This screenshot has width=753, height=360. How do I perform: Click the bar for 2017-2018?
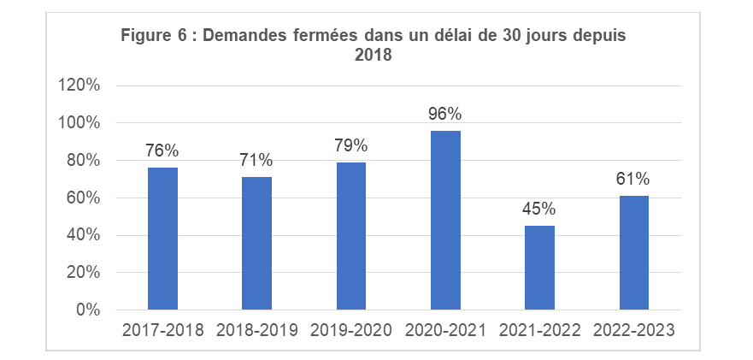(x=162, y=239)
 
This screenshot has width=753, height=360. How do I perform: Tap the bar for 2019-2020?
(x=350, y=236)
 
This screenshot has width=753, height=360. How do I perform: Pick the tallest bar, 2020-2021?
(x=445, y=220)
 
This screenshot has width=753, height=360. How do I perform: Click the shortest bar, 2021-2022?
(x=539, y=268)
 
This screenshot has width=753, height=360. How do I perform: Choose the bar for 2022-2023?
(x=633, y=252)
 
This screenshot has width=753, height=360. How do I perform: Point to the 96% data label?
(x=445, y=114)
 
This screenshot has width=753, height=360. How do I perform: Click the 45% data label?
(x=539, y=209)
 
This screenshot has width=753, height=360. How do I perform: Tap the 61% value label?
(x=633, y=179)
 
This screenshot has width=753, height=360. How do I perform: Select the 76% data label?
(x=162, y=150)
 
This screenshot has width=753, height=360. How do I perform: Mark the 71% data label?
(x=256, y=160)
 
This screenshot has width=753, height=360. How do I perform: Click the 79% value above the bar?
(x=350, y=145)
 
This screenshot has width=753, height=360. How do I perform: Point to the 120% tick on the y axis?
(x=79, y=86)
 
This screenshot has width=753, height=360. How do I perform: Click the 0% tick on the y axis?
(x=87, y=310)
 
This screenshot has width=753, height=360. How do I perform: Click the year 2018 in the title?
(x=374, y=56)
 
